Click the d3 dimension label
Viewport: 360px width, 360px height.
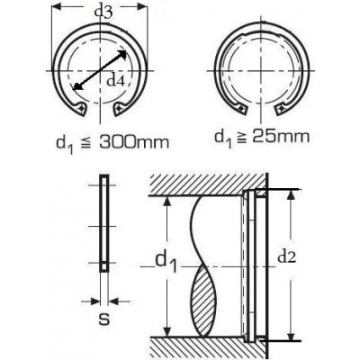[103, 12]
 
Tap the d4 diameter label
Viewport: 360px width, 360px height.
[116, 81]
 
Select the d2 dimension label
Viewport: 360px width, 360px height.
[287, 256]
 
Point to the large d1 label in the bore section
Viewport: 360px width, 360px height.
[166, 262]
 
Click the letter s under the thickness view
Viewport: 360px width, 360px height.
[104, 319]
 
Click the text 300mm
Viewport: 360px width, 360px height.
[134, 143]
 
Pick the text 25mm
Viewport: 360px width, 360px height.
[281, 137]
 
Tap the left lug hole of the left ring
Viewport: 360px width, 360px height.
[80, 107]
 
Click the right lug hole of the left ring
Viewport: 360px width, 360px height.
[120, 107]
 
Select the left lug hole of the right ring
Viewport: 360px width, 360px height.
[241, 107]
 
